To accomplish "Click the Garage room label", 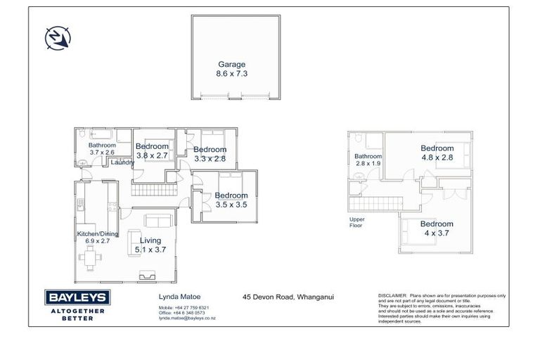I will (231, 64).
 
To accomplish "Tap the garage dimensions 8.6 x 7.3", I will (231, 72).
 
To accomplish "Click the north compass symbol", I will (56, 37).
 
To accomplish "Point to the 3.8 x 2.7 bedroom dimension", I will (152, 155).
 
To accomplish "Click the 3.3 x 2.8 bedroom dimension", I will (210, 159).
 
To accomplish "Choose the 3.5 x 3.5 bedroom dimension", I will (231, 205).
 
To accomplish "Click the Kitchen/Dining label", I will (98, 233).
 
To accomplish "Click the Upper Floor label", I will (357, 223).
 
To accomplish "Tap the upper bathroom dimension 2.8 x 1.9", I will (368, 163).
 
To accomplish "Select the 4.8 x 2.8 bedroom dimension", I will (437, 157).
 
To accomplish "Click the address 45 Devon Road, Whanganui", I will (288, 297).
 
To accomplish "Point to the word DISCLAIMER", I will (392, 296).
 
